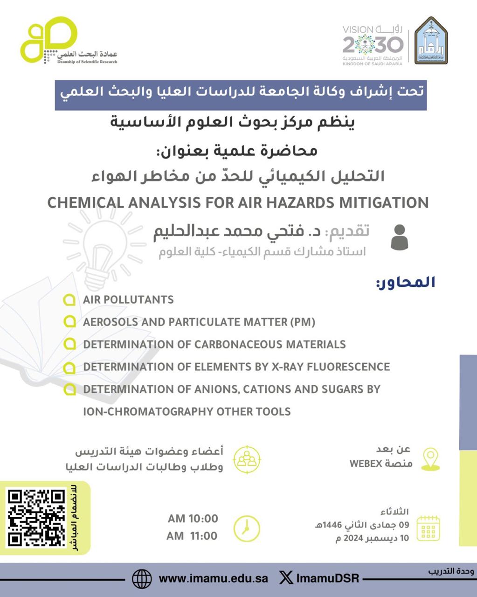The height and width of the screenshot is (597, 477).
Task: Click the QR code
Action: [36, 517]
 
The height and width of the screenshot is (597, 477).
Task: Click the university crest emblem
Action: [431, 41]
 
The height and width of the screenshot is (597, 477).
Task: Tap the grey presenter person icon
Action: [399, 237]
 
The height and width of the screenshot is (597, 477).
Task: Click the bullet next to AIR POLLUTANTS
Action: [69, 300]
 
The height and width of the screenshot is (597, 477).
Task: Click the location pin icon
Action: [430, 459]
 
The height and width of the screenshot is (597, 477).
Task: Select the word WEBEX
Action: [366, 464]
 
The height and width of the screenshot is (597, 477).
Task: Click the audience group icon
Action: [247, 459]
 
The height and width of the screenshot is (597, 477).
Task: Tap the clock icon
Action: [246, 528]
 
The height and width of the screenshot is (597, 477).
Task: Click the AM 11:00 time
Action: [192, 536]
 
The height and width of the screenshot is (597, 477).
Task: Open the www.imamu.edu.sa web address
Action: [213, 579]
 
